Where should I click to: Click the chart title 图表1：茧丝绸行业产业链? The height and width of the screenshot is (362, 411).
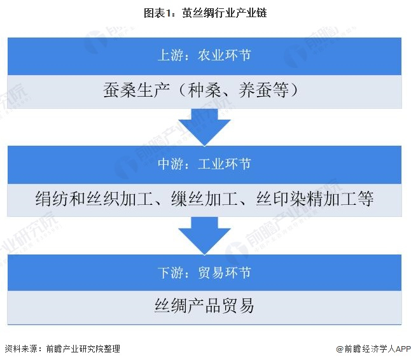click(205, 12)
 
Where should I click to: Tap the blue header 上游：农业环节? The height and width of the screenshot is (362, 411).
click(204, 55)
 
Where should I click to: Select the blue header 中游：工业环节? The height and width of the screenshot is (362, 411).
click(204, 164)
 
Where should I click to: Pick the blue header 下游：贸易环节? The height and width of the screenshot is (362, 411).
click(204, 273)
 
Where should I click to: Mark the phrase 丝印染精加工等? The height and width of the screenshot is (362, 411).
click(314, 200)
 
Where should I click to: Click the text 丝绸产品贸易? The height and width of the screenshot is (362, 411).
click(204, 305)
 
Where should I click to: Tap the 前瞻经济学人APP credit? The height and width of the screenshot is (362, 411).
click(374, 349)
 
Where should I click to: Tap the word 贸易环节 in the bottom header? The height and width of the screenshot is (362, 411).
click(226, 273)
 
